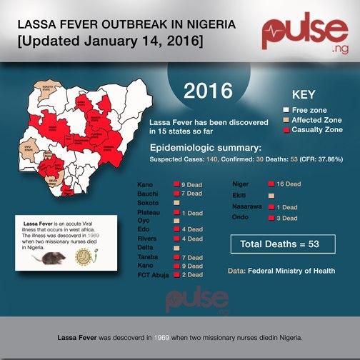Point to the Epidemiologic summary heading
(x=210, y=147)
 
